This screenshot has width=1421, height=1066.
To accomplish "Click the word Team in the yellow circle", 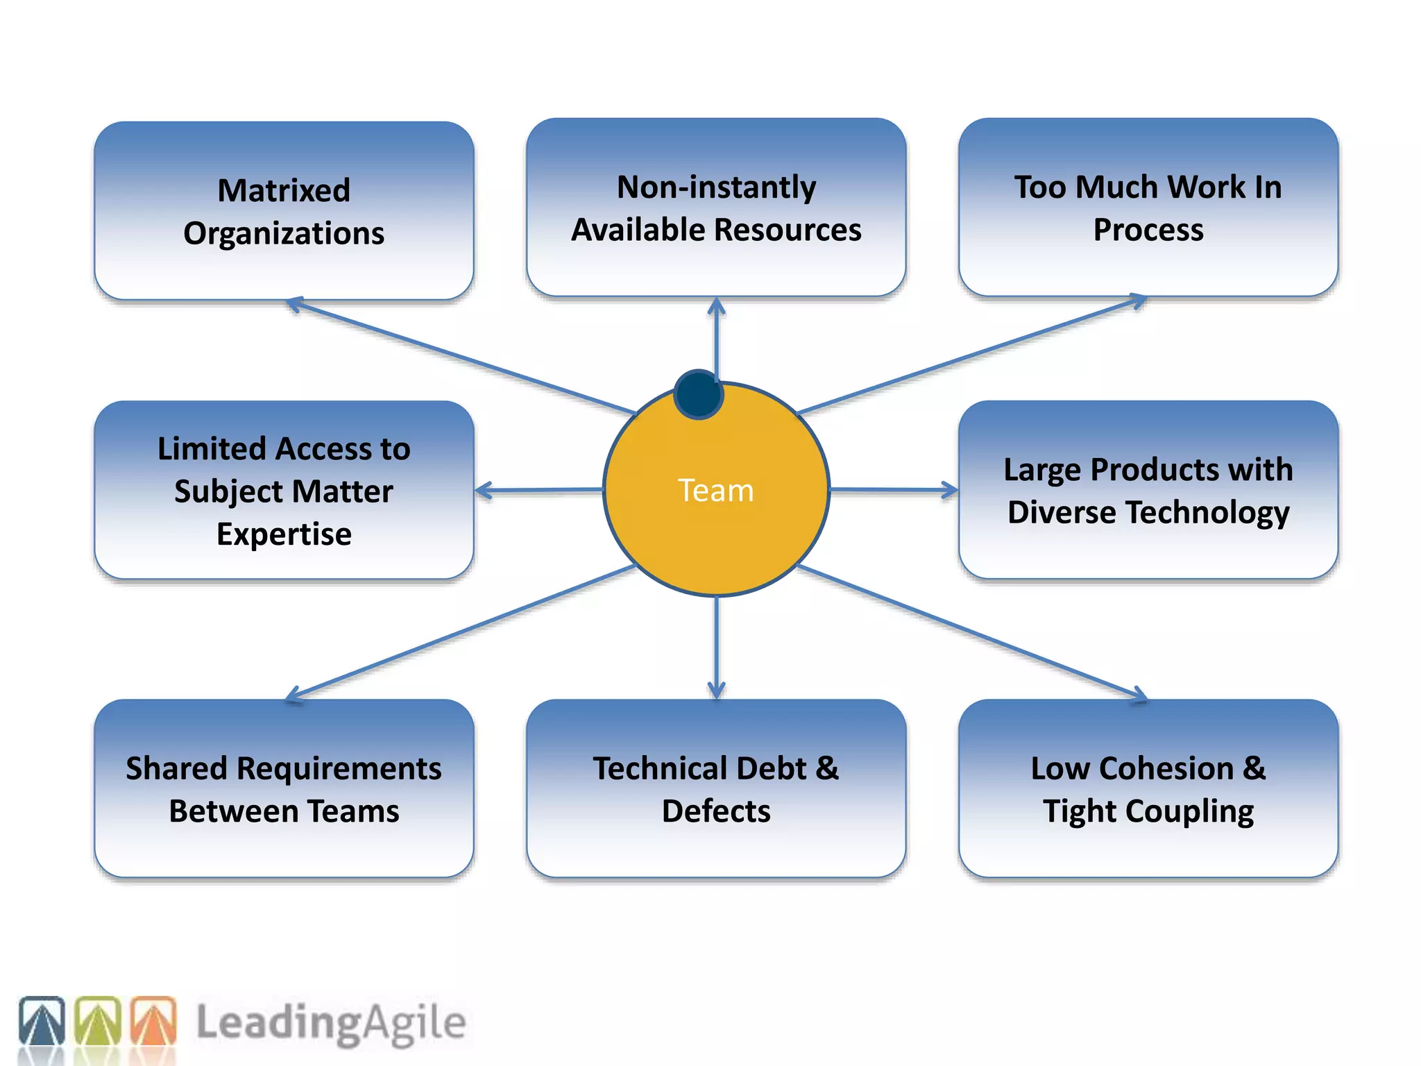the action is point(715,491).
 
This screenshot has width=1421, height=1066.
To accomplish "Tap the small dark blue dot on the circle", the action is point(699,394).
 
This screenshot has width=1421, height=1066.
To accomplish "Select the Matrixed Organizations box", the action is point(284,211).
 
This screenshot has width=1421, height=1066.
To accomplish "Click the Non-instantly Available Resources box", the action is point(716,208).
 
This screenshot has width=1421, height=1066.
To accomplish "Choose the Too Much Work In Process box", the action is point(1148,208).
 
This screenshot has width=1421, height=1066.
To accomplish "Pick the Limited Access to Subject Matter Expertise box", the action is point(284,490).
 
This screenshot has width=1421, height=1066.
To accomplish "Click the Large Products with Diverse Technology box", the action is point(1148,490).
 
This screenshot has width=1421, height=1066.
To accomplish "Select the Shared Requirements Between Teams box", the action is point(284,788).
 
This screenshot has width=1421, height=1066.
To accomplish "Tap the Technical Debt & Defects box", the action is point(716,788).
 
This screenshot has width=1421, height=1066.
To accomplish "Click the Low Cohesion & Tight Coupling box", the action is point(1148,788).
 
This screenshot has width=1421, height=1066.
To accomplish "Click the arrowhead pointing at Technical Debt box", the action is point(716,691).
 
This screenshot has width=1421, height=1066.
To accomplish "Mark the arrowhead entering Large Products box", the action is point(950,490).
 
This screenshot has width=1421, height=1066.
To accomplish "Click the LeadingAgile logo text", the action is point(331,1023).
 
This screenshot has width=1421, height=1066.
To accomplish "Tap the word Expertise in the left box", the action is point(284,534).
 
